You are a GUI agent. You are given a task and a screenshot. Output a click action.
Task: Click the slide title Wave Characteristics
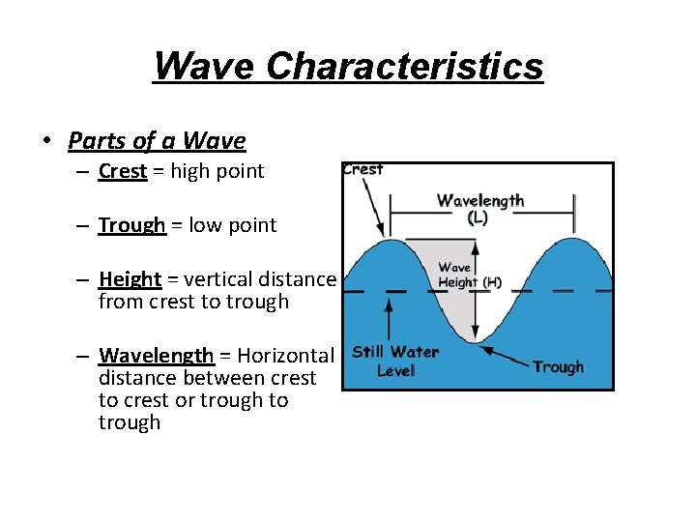(348, 67)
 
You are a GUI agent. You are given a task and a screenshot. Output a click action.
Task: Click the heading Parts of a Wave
(157, 141)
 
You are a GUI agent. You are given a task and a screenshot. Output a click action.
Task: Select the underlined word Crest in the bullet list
(123, 172)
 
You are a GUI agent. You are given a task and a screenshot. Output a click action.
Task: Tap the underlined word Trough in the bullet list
(132, 225)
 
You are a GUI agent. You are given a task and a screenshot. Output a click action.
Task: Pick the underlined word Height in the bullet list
(130, 279)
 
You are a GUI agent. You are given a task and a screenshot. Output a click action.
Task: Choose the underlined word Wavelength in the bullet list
(156, 356)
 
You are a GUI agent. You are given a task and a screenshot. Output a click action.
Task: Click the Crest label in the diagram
(362, 169)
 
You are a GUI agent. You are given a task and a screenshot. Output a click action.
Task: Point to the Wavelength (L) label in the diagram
(479, 209)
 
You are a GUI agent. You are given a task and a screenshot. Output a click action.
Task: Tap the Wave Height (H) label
(470, 275)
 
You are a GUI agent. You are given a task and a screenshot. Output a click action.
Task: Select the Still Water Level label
(395, 361)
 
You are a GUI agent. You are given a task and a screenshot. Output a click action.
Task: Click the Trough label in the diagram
(558, 367)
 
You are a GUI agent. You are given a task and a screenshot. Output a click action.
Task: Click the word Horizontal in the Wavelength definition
(285, 356)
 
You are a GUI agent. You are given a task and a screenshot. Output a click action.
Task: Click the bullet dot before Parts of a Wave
(45, 142)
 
